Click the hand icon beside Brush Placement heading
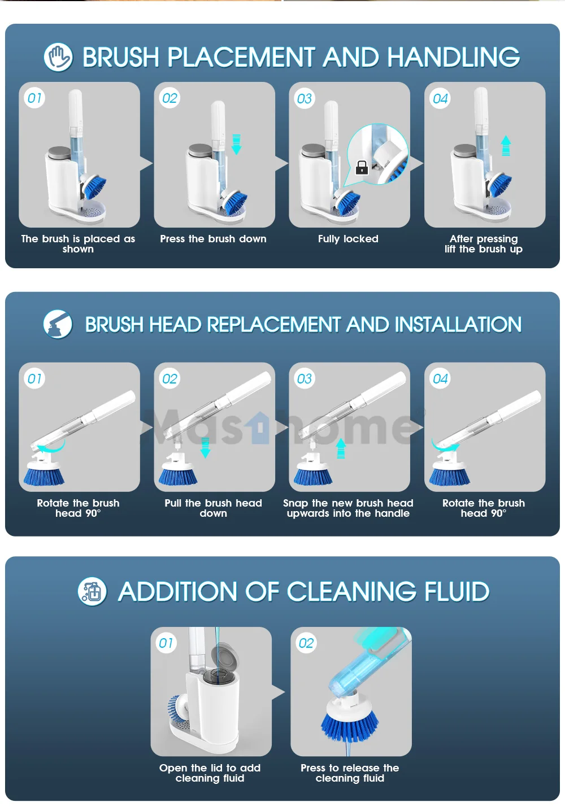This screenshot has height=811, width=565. (58, 57)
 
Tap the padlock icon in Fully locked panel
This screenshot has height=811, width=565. (362, 167)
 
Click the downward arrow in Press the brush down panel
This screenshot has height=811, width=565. (236, 145)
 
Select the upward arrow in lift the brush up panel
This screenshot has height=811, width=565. (506, 146)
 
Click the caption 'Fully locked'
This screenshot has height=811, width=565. (348, 239)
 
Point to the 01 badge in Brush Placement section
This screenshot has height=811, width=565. (35, 98)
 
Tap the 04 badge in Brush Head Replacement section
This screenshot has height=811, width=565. (440, 379)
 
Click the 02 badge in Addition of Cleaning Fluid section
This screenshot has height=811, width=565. (306, 643)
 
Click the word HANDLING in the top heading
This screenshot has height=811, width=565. (454, 57)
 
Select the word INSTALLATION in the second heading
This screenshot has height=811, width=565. (458, 325)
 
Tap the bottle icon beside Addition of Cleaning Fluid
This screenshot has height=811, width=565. (92, 592)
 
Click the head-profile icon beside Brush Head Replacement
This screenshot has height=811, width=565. (58, 324)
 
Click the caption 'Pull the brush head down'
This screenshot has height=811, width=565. (213, 508)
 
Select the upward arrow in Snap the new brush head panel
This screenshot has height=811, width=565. (341, 449)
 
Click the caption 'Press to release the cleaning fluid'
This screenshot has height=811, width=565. (350, 773)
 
